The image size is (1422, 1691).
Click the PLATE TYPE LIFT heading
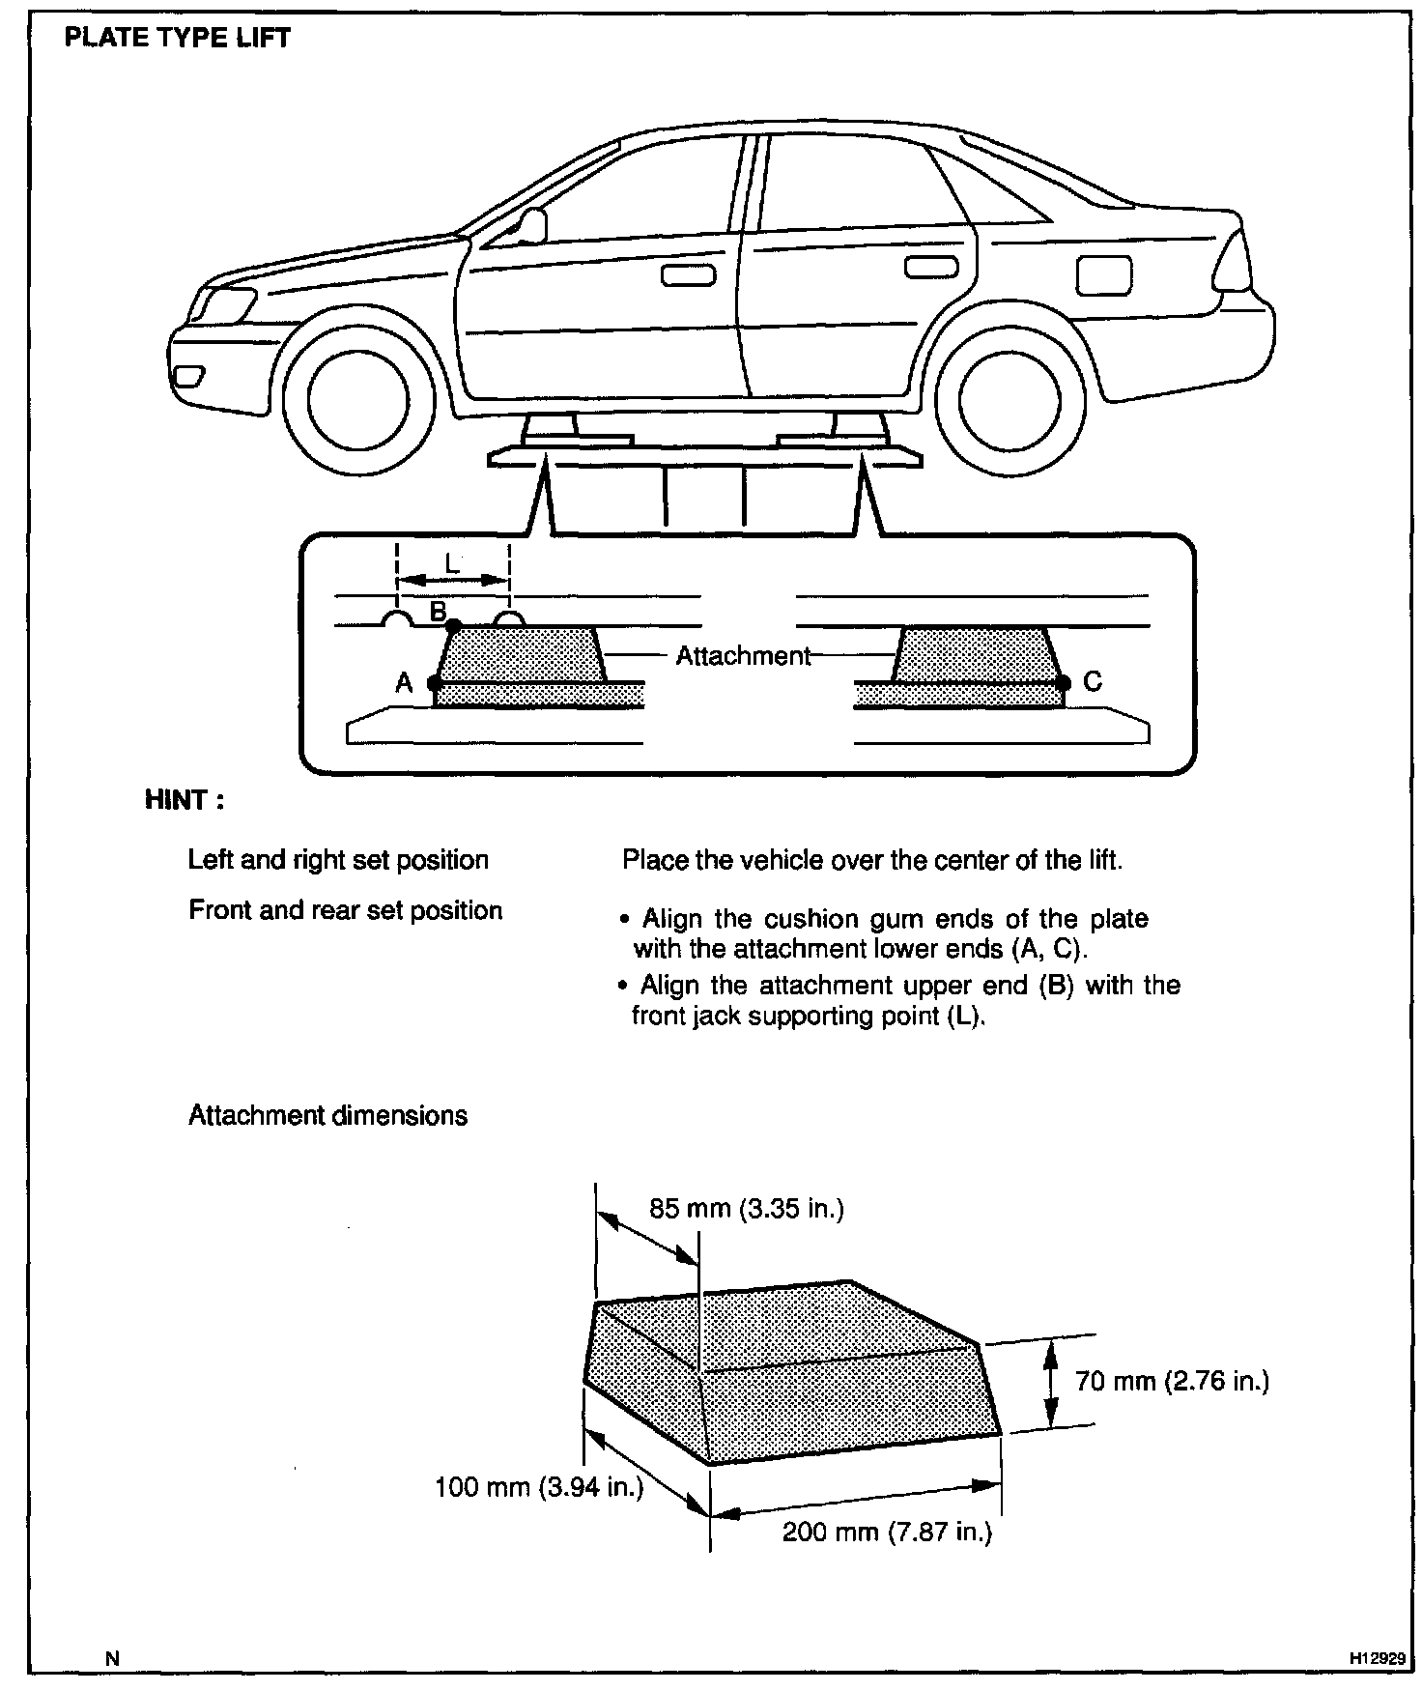click(177, 39)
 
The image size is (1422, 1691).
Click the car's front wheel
click(358, 397)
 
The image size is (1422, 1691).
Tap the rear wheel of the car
click(1010, 397)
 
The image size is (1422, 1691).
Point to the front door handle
click(688, 275)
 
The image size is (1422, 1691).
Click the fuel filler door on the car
click(1102, 275)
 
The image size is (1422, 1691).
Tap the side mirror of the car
click(530, 225)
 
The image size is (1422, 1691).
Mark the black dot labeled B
click(453, 625)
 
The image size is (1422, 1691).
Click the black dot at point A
click(434, 683)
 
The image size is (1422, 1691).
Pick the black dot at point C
click(1064, 683)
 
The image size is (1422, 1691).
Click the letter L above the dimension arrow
click(451, 563)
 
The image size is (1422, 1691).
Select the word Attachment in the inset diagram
click(743, 656)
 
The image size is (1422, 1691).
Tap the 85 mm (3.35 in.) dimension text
click(747, 1209)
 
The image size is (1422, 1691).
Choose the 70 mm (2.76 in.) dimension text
click(1172, 1381)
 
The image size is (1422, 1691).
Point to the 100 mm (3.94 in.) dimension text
click(539, 1486)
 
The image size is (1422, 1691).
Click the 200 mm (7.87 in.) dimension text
click(887, 1532)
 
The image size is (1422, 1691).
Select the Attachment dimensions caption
click(327, 1115)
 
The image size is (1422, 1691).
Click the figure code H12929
click(1377, 1658)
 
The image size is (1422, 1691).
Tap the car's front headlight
click(220, 305)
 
